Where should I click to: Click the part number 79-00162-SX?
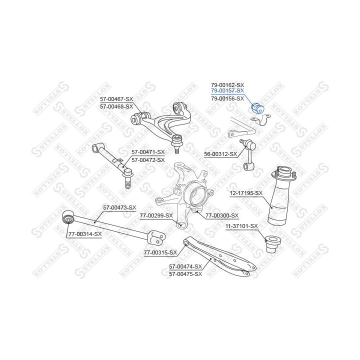(227, 84)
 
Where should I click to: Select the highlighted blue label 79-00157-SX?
(227, 91)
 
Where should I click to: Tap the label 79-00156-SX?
(227, 98)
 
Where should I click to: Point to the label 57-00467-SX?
(116, 99)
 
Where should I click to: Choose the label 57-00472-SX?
(148, 159)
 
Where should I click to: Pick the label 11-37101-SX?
(241, 226)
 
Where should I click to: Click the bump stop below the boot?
(274, 243)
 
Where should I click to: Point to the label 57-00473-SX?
(119, 207)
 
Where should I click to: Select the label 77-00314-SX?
(85, 233)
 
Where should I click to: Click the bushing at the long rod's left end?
(68, 219)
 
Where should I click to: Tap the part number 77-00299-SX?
(156, 215)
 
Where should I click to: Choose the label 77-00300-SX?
(222, 215)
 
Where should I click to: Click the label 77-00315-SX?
(160, 252)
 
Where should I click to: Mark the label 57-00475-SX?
(185, 274)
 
